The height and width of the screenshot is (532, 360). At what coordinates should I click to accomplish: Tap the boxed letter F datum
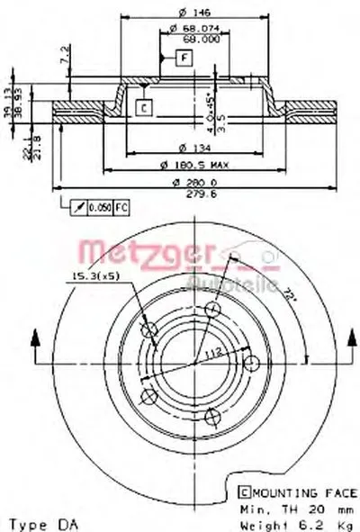pos(183,59)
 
